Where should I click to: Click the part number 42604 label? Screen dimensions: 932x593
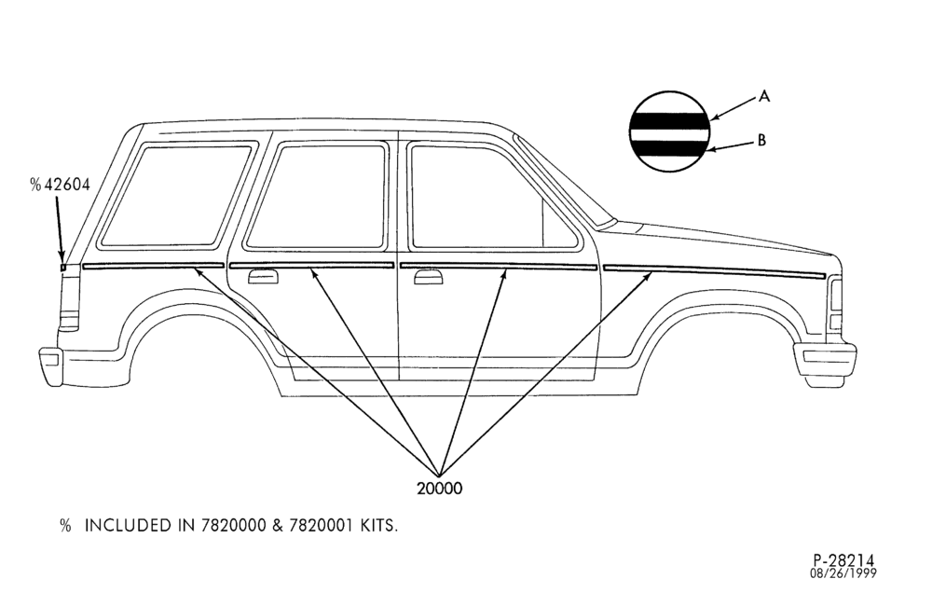pos(68,185)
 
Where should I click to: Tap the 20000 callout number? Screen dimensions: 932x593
pos(439,489)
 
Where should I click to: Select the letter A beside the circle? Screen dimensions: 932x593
pos(764,96)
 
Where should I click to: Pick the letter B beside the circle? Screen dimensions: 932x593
pos(761,141)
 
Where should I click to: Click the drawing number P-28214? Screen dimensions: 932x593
pos(844,560)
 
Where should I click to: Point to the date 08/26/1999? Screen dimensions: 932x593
pos(843,573)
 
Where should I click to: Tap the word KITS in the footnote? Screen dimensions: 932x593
pos(378,526)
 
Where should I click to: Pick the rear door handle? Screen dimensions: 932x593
pos(264,277)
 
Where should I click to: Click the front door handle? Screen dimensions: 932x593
pos(428,277)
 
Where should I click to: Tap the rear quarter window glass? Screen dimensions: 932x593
pos(175,196)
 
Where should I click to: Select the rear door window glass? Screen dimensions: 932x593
pos(316,197)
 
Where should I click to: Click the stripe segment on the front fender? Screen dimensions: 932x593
pos(714,271)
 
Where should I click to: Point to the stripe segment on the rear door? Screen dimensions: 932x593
pos(312,266)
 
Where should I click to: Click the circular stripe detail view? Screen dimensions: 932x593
pos(669,131)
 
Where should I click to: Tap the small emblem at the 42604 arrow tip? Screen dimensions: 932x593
pos(63,267)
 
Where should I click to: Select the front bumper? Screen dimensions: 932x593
pos(825,363)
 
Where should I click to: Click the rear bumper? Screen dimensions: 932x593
pos(51,366)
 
